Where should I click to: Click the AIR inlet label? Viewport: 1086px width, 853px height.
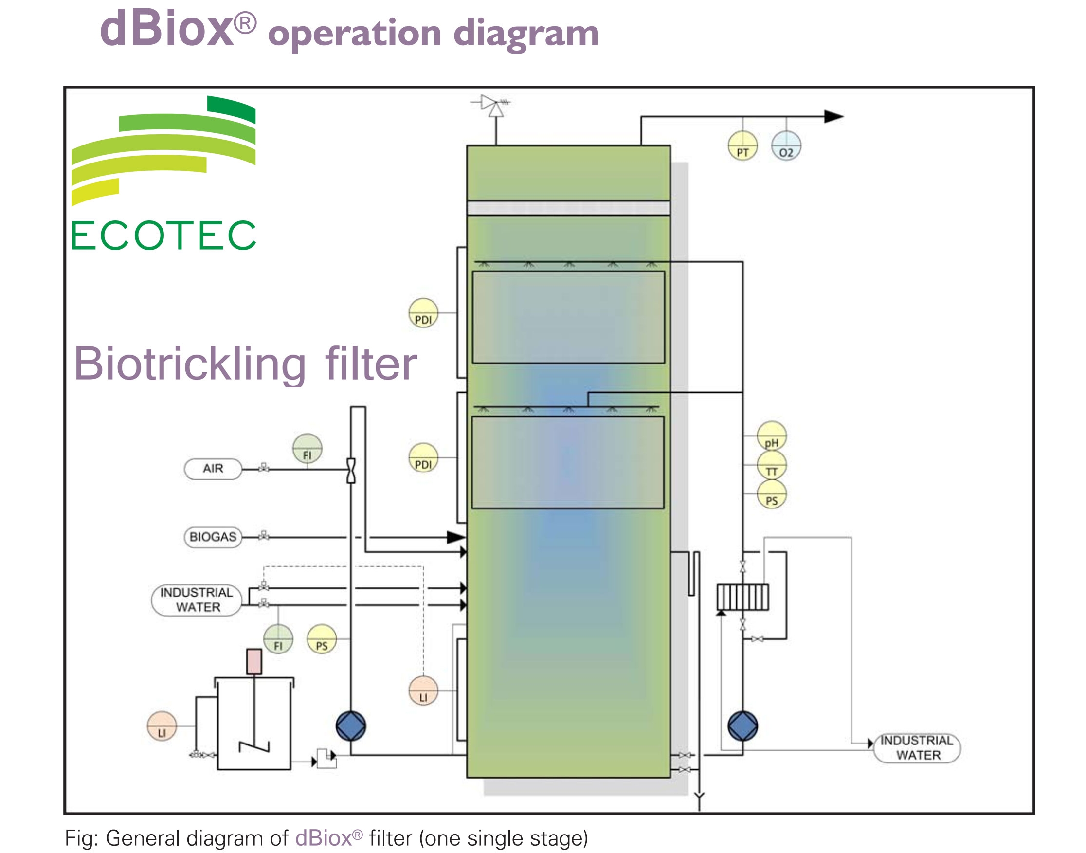[213, 469]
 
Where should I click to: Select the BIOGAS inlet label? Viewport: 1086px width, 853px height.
[213, 537]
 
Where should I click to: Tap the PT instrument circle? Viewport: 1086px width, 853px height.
[742, 146]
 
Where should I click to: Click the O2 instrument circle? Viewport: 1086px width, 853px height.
[786, 146]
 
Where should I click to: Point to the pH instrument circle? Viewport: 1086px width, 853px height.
[771, 436]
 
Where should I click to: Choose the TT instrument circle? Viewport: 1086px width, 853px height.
[771, 466]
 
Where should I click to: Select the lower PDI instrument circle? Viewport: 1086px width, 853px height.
[423, 458]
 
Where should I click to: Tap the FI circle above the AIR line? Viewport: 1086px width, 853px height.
[307, 449]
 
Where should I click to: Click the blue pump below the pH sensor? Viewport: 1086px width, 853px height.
[742, 726]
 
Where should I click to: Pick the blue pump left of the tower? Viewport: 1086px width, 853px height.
[351, 726]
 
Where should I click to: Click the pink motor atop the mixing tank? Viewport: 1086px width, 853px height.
[254, 662]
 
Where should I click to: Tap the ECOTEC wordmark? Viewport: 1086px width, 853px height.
[163, 236]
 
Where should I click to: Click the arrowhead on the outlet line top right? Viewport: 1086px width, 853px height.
[833, 117]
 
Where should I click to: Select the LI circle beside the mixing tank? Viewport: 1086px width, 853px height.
[162, 726]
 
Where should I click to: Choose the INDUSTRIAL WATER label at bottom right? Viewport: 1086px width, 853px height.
[917, 748]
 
